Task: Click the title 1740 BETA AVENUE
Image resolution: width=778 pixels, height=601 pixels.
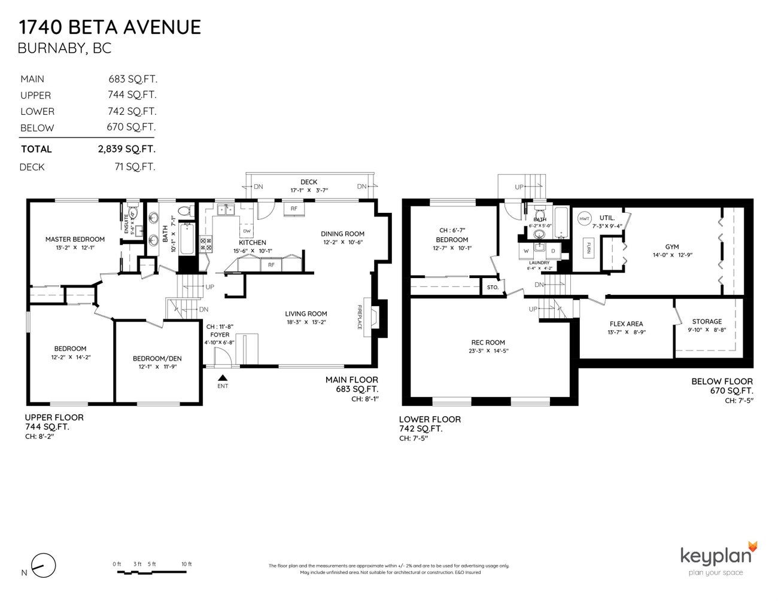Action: coord(110,28)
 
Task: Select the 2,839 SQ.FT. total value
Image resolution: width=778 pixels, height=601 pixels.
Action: coord(126,149)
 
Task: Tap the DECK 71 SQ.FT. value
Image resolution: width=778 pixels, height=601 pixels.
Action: coord(135,167)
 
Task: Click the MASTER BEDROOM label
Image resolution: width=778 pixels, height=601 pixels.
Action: coord(75,239)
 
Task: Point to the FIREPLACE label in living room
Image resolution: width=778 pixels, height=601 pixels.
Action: coord(360,316)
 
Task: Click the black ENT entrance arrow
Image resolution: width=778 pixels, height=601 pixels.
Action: coord(223,377)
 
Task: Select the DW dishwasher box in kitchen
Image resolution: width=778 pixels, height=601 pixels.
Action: coord(247,231)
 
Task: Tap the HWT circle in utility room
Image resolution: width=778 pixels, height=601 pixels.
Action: coord(584,219)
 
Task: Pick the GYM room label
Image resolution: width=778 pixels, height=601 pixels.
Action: coord(672,246)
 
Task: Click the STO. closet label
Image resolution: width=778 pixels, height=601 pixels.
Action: coord(493,288)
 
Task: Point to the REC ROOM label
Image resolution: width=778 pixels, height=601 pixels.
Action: coord(488,343)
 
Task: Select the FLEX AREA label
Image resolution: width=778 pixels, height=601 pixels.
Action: coord(626,324)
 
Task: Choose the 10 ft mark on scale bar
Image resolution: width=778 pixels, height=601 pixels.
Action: coord(187,564)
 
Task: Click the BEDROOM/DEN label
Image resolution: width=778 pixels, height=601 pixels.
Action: coord(157,359)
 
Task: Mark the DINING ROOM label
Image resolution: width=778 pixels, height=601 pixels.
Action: coord(342,234)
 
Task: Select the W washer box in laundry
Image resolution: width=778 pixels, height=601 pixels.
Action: coord(526,251)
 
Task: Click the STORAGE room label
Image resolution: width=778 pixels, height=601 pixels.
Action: coord(707,321)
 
